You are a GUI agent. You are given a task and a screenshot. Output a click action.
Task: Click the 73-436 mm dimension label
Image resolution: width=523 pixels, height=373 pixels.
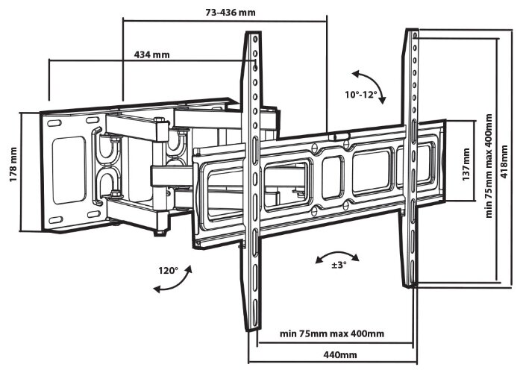tap(231, 13)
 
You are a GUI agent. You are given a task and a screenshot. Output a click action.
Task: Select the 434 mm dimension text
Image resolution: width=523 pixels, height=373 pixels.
tap(151, 54)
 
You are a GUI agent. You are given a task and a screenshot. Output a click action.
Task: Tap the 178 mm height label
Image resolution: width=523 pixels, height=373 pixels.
tap(13, 164)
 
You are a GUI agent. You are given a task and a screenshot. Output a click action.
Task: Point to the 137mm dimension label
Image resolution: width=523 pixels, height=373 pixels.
tap(466, 164)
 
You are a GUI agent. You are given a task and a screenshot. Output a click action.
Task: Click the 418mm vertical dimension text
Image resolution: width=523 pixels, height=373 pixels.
tap(504, 161)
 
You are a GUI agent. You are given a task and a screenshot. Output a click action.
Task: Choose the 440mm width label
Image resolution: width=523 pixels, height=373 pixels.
tap(340, 354)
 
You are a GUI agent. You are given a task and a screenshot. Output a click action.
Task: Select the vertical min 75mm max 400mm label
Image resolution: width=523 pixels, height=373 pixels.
tap(489, 166)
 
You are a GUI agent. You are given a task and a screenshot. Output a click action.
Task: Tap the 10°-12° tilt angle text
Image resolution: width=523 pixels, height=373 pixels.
tap(361, 95)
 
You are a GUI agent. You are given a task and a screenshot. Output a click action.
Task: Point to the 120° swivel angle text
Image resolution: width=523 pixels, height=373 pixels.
tap(169, 270)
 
